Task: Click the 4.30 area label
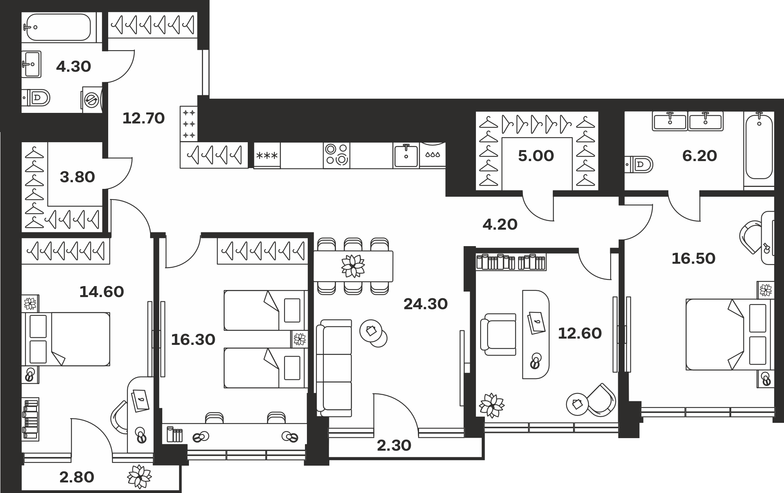[x=73, y=67]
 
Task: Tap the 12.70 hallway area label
[x=143, y=118]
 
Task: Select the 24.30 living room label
[x=426, y=304]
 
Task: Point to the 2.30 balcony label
[x=394, y=445]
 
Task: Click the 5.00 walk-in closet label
[x=536, y=156]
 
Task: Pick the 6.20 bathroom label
[x=700, y=156]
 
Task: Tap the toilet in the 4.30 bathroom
[x=36, y=97]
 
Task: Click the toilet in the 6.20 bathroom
[x=639, y=164]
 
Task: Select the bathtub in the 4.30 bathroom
[x=58, y=27]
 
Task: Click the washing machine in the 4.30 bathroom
[x=92, y=100]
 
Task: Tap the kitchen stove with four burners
[x=336, y=155]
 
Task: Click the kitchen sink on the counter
[x=406, y=156]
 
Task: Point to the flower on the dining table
[x=353, y=266]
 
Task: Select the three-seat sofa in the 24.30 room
[x=334, y=368]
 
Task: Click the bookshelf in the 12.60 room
[x=511, y=262]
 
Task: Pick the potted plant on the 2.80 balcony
[x=140, y=477]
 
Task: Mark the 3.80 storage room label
[x=77, y=177]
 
